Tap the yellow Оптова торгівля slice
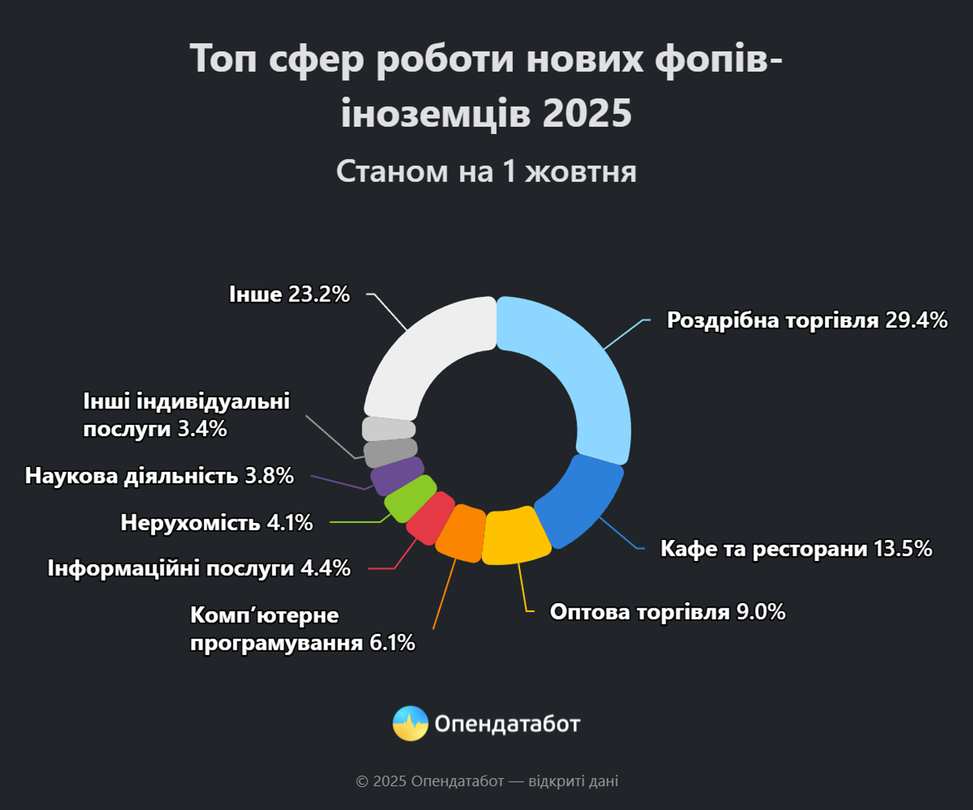516,535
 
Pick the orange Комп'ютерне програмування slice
461,532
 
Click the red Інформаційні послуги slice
430,518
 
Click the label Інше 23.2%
289,294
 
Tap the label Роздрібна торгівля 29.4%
807,321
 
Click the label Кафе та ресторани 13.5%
796,549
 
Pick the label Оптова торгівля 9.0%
668,612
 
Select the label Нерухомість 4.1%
217,523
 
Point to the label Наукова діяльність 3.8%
159,476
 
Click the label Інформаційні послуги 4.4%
199,568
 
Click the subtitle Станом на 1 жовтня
486,171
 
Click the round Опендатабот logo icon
410,723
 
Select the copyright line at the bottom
487,781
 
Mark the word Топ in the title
224,58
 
